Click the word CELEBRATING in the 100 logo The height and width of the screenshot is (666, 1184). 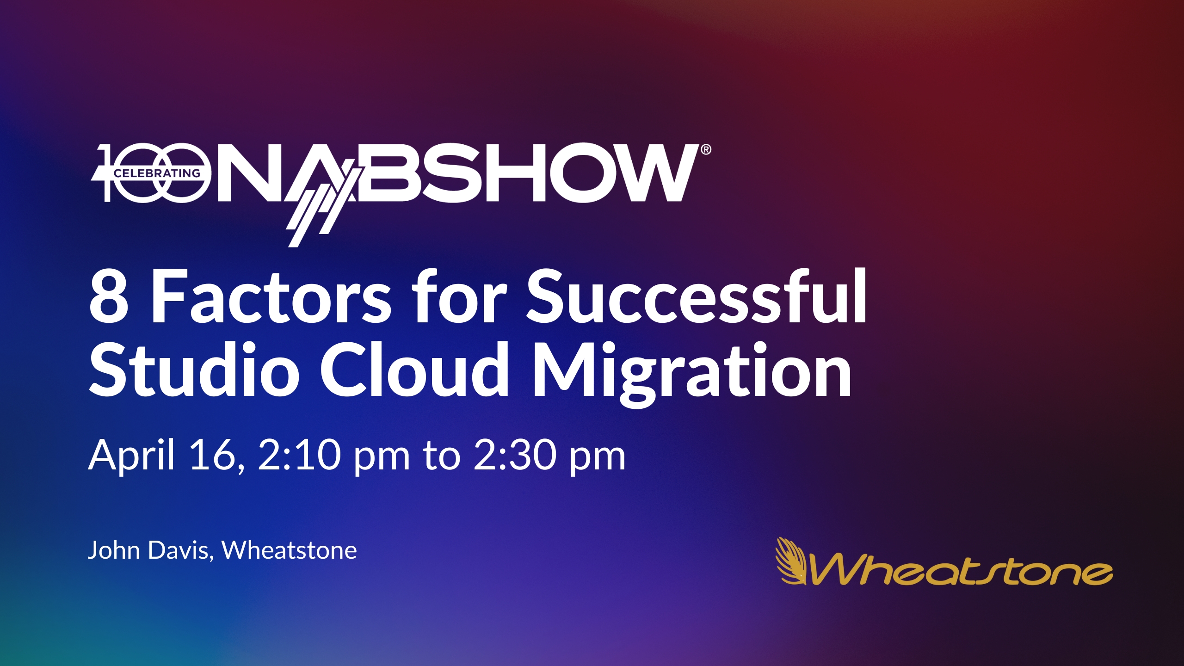pyautogui.click(x=157, y=173)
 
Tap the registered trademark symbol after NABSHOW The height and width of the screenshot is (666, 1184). pyautogui.click(x=706, y=149)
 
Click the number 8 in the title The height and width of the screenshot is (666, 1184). pyautogui.click(x=109, y=296)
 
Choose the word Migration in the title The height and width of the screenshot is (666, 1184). pyautogui.click(x=692, y=374)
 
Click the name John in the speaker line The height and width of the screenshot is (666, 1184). pyautogui.click(x=114, y=550)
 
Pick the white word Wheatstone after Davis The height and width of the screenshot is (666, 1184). pyautogui.click(x=290, y=550)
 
